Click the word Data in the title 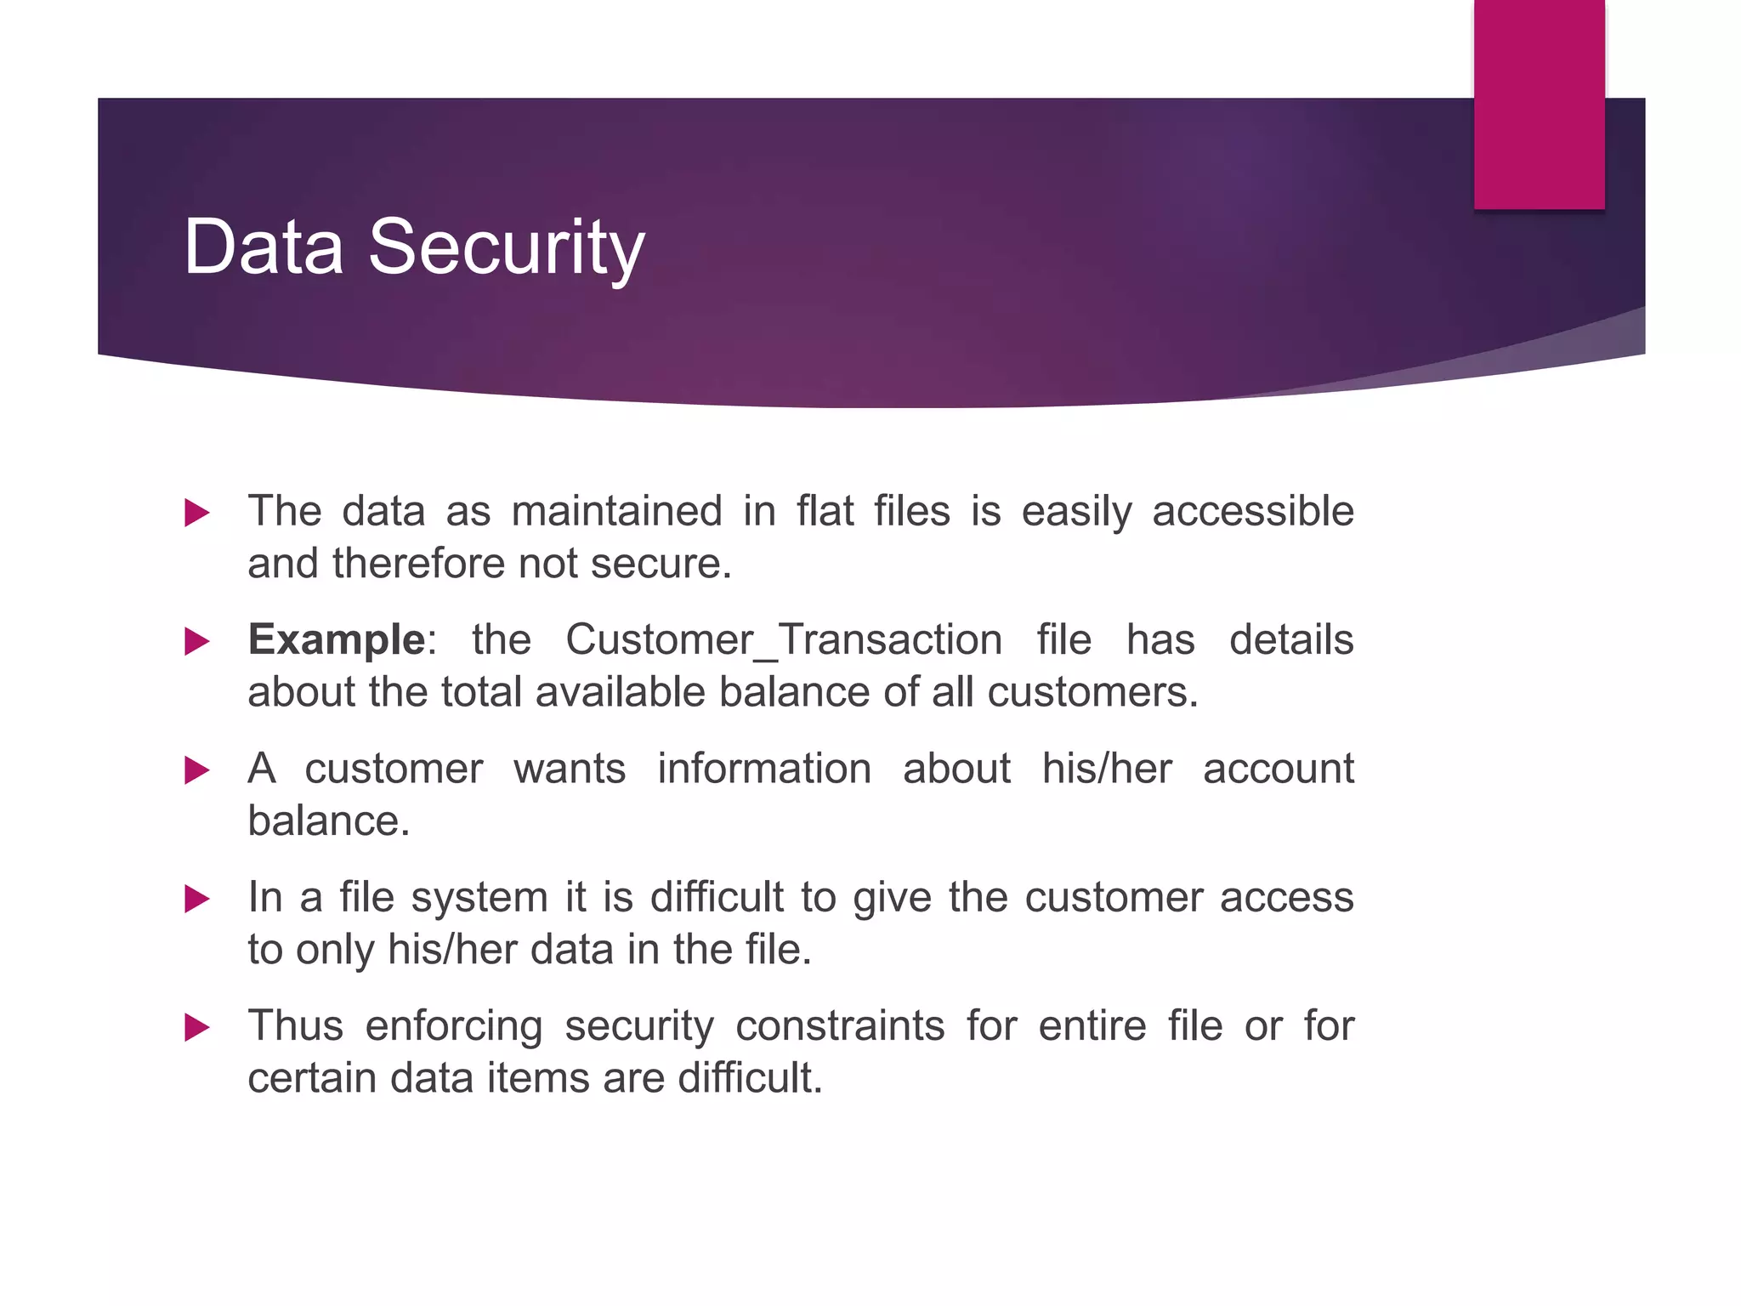pyautogui.click(x=264, y=247)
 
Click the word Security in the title pyautogui.click(x=507, y=247)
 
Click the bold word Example pyautogui.click(x=337, y=639)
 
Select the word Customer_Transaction pyautogui.click(x=784, y=639)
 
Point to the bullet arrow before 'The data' pyautogui.click(x=196, y=513)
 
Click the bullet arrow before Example pyautogui.click(x=196, y=641)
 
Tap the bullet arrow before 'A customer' pyautogui.click(x=196, y=770)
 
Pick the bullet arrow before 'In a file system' pyautogui.click(x=196, y=899)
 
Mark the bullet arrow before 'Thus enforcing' pyautogui.click(x=196, y=1027)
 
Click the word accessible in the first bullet pyautogui.click(x=1252, y=511)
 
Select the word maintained pyautogui.click(x=616, y=511)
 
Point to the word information pyautogui.click(x=764, y=769)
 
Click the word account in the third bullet pyautogui.click(x=1278, y=769)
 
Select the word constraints pyautogui.click(x=840, y=1026)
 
